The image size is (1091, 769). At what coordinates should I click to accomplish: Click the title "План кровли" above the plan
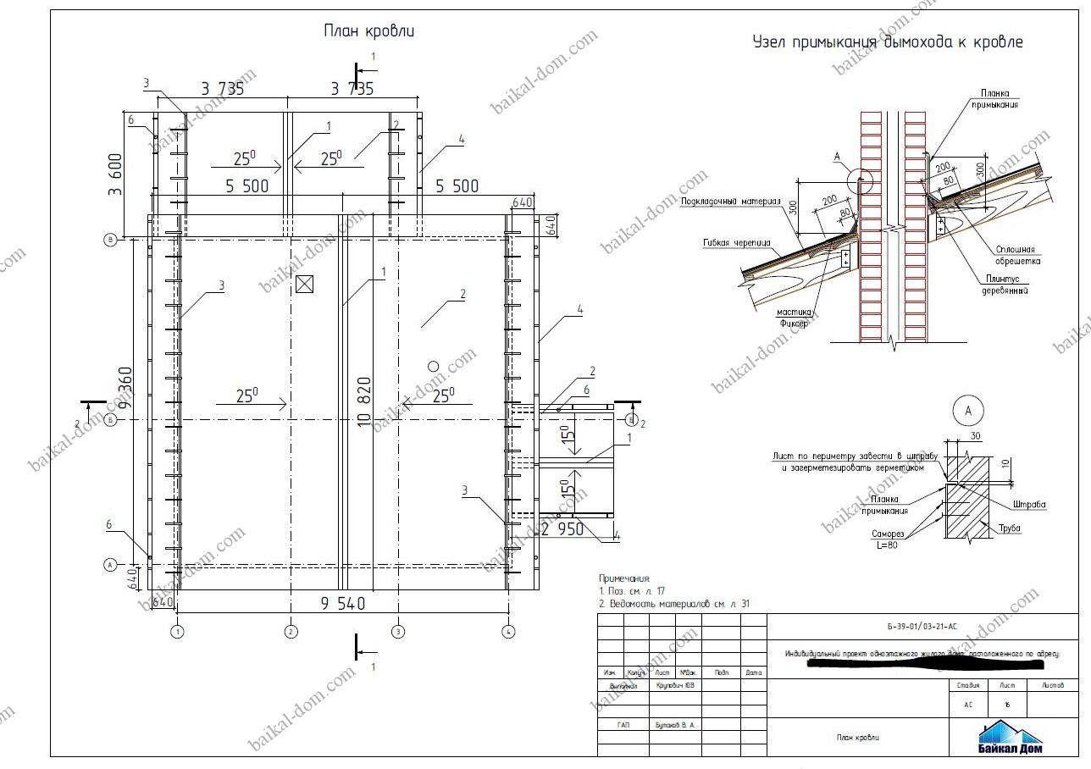pos(368,31)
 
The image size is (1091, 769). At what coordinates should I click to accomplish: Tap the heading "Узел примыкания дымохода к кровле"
pos(888,41)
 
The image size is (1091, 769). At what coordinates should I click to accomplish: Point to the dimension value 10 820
pos(365,402)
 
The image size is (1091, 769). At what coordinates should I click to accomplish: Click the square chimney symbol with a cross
pos(305,285)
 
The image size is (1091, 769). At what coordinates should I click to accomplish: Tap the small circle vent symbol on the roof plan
pos(433,366)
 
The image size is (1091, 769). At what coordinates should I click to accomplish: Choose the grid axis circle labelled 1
pos(178,631)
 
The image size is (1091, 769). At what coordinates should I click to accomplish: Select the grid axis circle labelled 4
pos(507,631)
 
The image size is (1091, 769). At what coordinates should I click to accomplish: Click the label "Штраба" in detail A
pos(1028,505)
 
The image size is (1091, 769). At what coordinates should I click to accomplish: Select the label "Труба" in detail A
pos(1009,528)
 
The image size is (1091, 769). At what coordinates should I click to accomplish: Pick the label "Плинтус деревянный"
pos(1006,285)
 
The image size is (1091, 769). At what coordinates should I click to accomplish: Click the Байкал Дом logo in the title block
pos(1011,737)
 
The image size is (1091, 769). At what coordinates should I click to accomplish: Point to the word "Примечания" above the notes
pos(623,578)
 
